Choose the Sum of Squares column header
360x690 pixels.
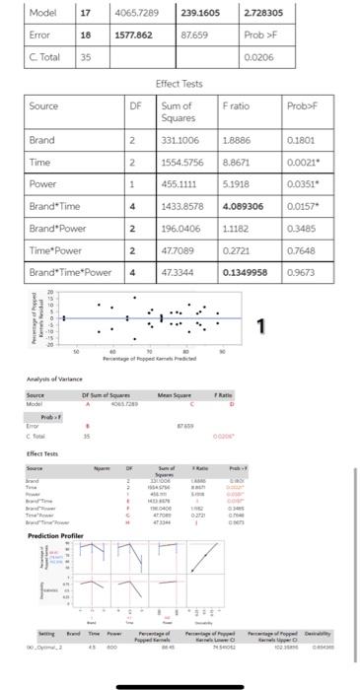pos(177,110)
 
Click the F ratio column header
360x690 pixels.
pos(240,104)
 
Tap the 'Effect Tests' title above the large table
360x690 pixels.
pos(179,83)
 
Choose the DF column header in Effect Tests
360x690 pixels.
pos(135,104)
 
